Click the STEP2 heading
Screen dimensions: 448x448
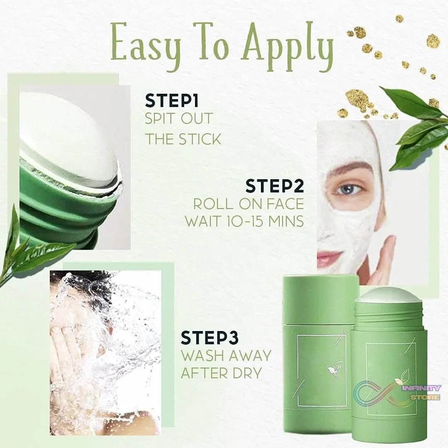pyautogui.click(x=275, y=186)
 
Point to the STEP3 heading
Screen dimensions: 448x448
pyautogui.click(x=209, y=338)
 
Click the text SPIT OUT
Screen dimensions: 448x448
pyautogui.click(x=178, y=119)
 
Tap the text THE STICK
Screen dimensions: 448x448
pyautogui.click(x=183, y=139)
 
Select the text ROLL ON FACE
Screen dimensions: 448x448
pyautogui.click(x=248, y=204)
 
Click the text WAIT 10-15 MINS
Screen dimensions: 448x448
pyautogui.click(x=244, y=221)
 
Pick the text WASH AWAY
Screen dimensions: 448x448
pyautogui.click(x=226, y=355)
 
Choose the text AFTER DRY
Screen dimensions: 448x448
pyautogui.click(x=221, y=373)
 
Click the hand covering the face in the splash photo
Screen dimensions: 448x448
pyautogui.click(x=66, y=344)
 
